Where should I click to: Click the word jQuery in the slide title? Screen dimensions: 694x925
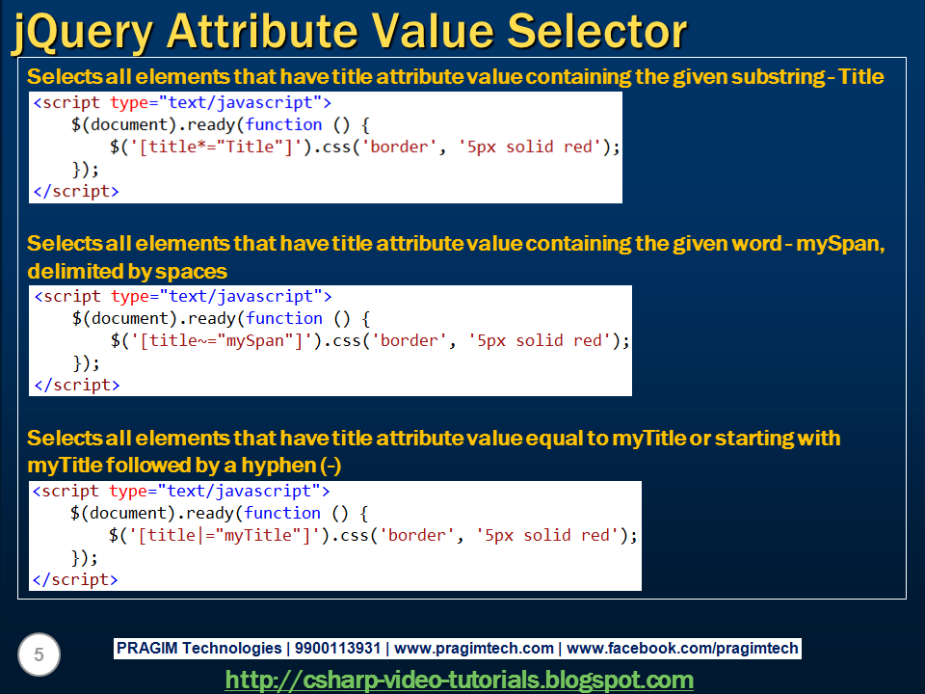(x=83, y=33)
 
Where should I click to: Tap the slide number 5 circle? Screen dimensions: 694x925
(x=39, y=655)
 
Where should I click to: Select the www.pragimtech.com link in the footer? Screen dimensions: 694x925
(x=474, y=649)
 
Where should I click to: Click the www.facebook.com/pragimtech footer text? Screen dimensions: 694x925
(x=682, y=649)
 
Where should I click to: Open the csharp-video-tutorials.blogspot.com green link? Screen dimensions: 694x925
(x=460, y=680)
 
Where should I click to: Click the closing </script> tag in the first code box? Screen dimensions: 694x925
(x=76, y=191)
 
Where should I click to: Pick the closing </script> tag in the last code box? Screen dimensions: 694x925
(x=75, y=579)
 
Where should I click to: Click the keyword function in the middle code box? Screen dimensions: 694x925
(x=284, y=318)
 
